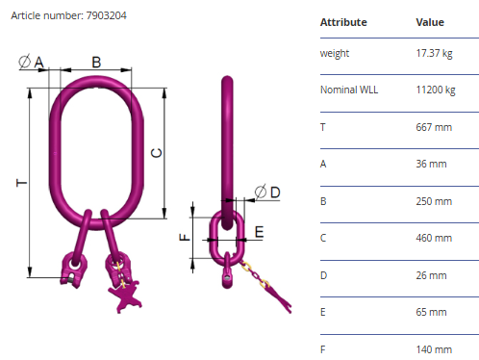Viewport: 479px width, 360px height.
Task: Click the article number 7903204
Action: pos(106,15)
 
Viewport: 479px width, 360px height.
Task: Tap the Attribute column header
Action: pos(343,22)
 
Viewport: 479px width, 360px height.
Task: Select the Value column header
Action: pos(430,22)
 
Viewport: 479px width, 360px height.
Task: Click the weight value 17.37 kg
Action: pos(434,53)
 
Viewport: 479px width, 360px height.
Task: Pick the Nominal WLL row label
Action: pos(349,90)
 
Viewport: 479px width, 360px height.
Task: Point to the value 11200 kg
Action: pos(436,90)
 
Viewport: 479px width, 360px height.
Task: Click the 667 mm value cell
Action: pos(434,127)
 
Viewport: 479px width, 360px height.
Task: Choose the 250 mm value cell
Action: pos(434,201)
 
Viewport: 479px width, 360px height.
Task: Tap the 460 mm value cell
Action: pos(434,238)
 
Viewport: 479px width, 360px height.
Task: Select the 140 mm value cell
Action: pos(434,349)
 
